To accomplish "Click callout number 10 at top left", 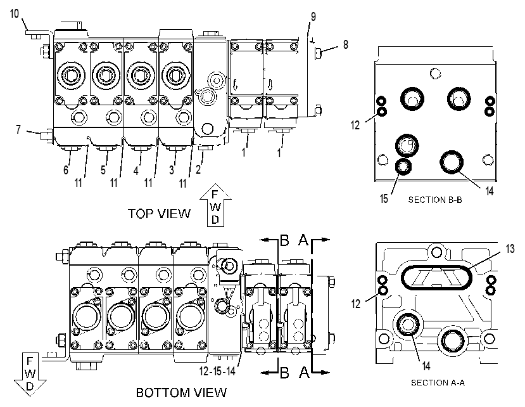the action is (x=15, y=14).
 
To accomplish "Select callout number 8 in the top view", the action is (x=346, y=44).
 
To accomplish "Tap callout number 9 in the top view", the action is (x=313, y=16).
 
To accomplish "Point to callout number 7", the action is (x=18, y=129).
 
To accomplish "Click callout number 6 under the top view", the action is (x=66, y=170).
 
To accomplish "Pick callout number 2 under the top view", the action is (x=198, y=170).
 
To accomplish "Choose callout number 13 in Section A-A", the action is (x=510, y=249).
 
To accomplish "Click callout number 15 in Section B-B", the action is (x=384, y=199).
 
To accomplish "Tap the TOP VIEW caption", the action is (x=160, y=214).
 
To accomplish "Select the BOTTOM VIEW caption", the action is (x=182, y=392).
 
